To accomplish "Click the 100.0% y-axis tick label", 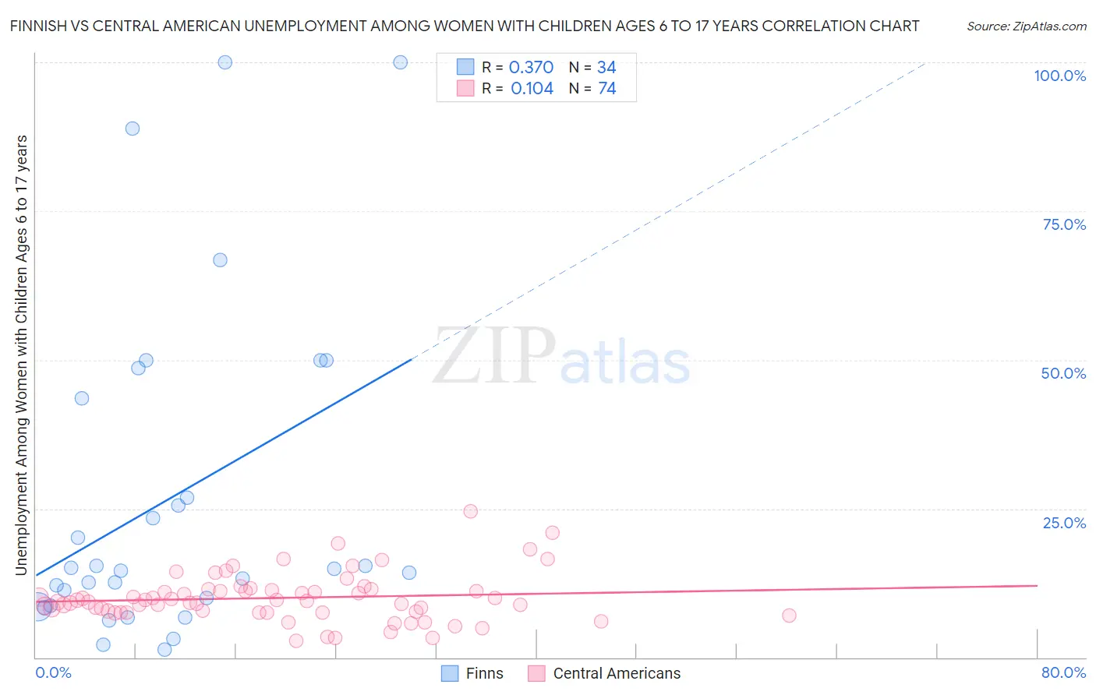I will [1059, 76].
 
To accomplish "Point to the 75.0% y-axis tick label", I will [1064, 224].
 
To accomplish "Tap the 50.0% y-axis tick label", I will [1063, 373].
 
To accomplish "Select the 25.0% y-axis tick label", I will [1064, 522].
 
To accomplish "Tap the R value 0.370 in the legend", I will [531, 68].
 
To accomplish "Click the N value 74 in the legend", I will [606, 89].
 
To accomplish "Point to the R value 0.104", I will [532, 89].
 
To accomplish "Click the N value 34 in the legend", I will [606, 68].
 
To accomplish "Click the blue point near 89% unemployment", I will [133, 129].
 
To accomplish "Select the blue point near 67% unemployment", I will [220, 260].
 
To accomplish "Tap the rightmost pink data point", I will [789, 616].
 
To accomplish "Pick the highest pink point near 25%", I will [470, 512].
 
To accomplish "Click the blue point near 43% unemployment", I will [82, 398].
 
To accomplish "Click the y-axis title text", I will [21, 355].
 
